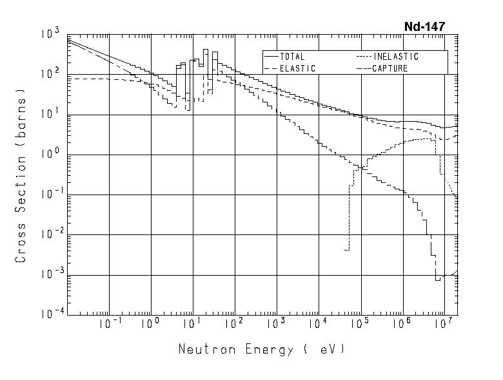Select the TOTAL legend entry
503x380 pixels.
point(291,57)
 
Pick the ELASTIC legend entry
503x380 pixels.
point(297,68)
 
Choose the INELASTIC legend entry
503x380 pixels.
point(395,57)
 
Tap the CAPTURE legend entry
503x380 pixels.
point(390,68)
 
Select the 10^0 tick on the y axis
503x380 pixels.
point(52,155)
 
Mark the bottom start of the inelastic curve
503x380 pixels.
point(347,250)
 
